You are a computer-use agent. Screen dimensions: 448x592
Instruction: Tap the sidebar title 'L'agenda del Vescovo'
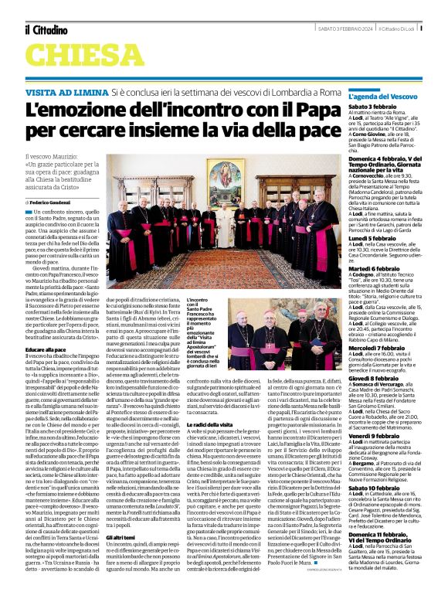(382, 96)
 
